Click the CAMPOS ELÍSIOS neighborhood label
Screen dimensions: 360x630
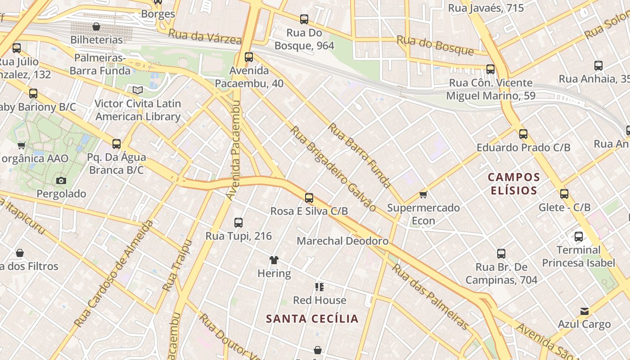(513, 184)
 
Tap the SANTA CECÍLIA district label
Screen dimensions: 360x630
(312, 319)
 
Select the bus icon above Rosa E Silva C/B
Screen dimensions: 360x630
(309, 198)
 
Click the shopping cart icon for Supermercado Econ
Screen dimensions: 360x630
(423, 194)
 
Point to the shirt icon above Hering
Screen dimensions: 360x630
(274, 260)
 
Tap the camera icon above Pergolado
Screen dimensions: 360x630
(61, 180)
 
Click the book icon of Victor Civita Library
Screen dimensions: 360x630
(137, 90)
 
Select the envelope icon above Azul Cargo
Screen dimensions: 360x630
(584, 311)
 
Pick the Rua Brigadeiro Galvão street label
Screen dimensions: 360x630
(333, 168)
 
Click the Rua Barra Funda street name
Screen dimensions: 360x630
(360, 155)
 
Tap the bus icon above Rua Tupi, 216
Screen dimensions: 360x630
(238, 222)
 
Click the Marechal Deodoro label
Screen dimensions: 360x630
(342, 241)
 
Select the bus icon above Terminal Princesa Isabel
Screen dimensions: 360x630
(579, 236)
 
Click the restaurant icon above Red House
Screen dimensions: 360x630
(319, 287)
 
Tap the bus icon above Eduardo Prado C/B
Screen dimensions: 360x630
(523, 134)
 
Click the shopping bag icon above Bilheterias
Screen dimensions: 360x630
(96, 27)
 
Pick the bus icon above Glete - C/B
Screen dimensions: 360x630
(564, 194)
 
